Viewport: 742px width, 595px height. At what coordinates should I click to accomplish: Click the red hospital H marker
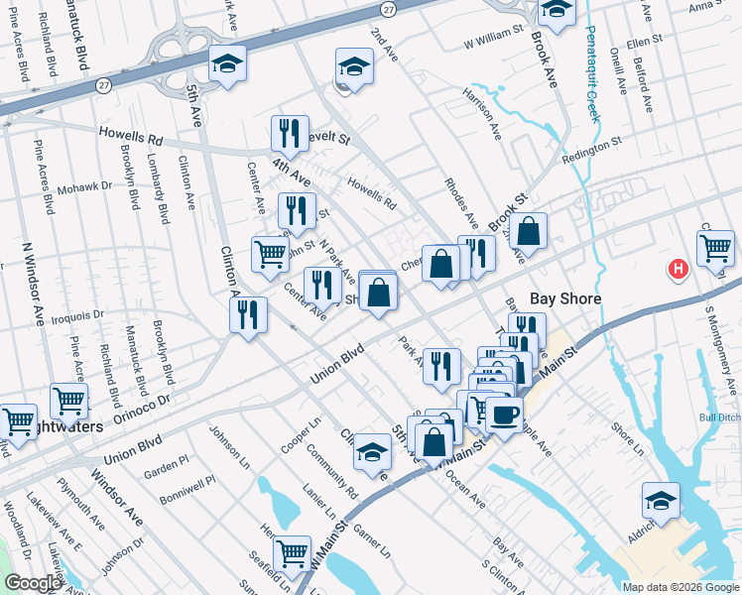click(679, 269)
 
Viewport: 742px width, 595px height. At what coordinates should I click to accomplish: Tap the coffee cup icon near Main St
click(504, 414)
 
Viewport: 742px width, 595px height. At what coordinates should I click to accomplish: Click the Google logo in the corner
click(33, 583)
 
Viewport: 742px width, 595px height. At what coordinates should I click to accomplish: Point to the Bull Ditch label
click(721, 417)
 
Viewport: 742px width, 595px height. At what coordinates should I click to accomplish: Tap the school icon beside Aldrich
click(661, 499)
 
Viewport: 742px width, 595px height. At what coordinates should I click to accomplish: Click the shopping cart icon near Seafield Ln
click(292, 552)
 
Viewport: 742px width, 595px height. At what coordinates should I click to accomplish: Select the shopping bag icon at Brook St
click(530, 230)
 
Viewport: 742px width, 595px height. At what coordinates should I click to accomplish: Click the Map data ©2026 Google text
click(680, 587)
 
